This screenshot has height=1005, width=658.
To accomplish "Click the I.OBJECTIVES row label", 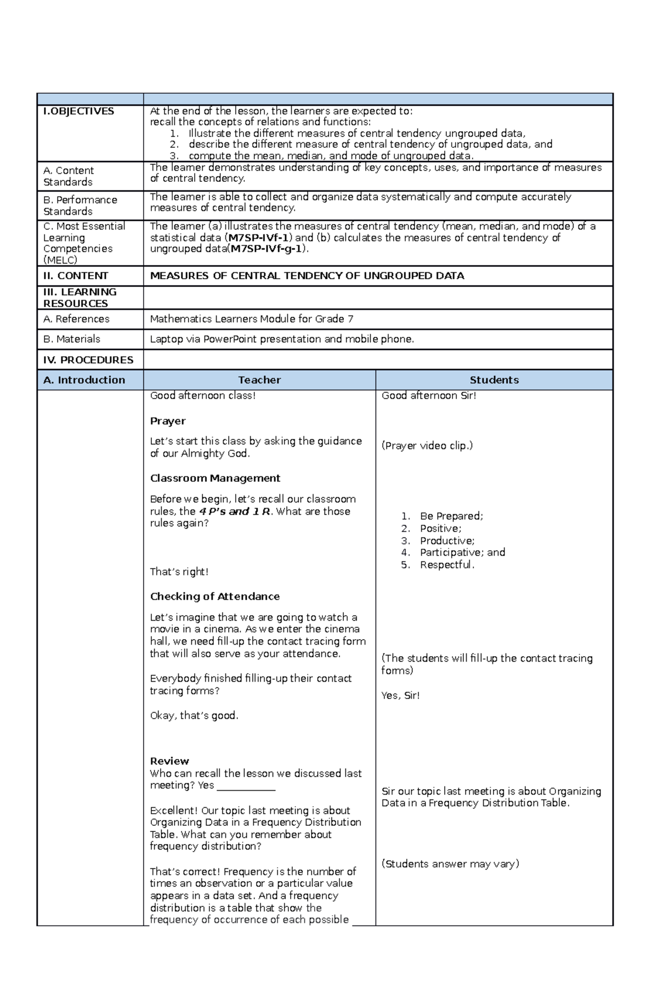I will [79, 111].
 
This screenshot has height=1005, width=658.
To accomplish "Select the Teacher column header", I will [259, 380].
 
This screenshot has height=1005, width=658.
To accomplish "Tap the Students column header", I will [494, 380].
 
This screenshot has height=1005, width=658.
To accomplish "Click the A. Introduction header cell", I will [84, 380].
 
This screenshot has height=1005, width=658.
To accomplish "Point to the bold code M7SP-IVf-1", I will [259, 238].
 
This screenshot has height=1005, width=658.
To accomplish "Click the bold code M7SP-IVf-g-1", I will [266, 249].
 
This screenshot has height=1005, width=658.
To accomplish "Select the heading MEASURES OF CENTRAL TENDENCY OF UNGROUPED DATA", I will [307, 276].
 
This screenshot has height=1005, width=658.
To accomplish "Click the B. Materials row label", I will [72, 339].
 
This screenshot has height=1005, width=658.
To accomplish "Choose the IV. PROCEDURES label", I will [88, 360].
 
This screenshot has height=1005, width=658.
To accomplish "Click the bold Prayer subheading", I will [168, 421].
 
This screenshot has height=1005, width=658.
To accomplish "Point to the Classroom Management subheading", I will [215, 478].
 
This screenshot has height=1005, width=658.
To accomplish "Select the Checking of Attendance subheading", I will [215, 596].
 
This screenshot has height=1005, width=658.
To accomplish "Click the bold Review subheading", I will [169, 761].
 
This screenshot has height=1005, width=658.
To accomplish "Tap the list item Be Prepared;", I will [451, 516].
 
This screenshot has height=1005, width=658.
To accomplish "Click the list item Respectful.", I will [447, 565].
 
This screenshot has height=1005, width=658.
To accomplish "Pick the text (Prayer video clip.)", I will [427, 446].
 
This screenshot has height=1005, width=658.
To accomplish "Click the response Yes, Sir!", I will [400, 696].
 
